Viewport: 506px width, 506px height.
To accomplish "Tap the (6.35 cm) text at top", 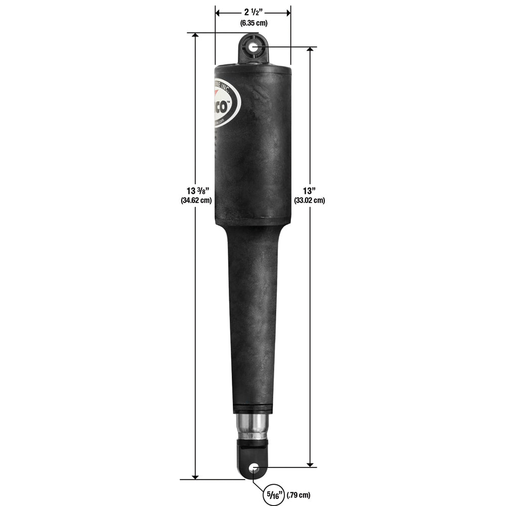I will pos(253,23).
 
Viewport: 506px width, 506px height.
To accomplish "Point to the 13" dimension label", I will pos(309,191).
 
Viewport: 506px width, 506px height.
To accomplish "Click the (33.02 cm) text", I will pos(309,200).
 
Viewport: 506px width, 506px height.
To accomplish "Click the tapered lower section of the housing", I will pos(253,314).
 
